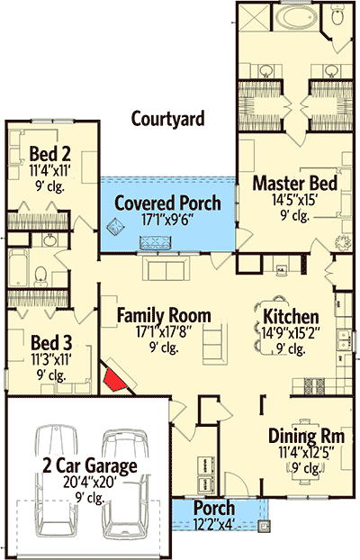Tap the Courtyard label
(168, 119)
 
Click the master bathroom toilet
(337, 15)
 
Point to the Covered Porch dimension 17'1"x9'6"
(167, 220)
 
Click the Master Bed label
(295, 183)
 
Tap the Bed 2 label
(49, 154)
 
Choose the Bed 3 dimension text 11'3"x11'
(51, 359)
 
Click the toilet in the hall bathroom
(40, 276)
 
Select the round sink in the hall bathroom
(49, 239)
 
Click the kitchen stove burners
(314, 386)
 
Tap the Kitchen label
(291, 316)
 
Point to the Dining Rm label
(306, 436)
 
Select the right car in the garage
(125, 484)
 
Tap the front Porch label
(214, 508)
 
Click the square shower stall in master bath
(255, 16)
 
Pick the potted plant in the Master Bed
(343, 243)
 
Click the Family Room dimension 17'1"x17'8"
(164, 332)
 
